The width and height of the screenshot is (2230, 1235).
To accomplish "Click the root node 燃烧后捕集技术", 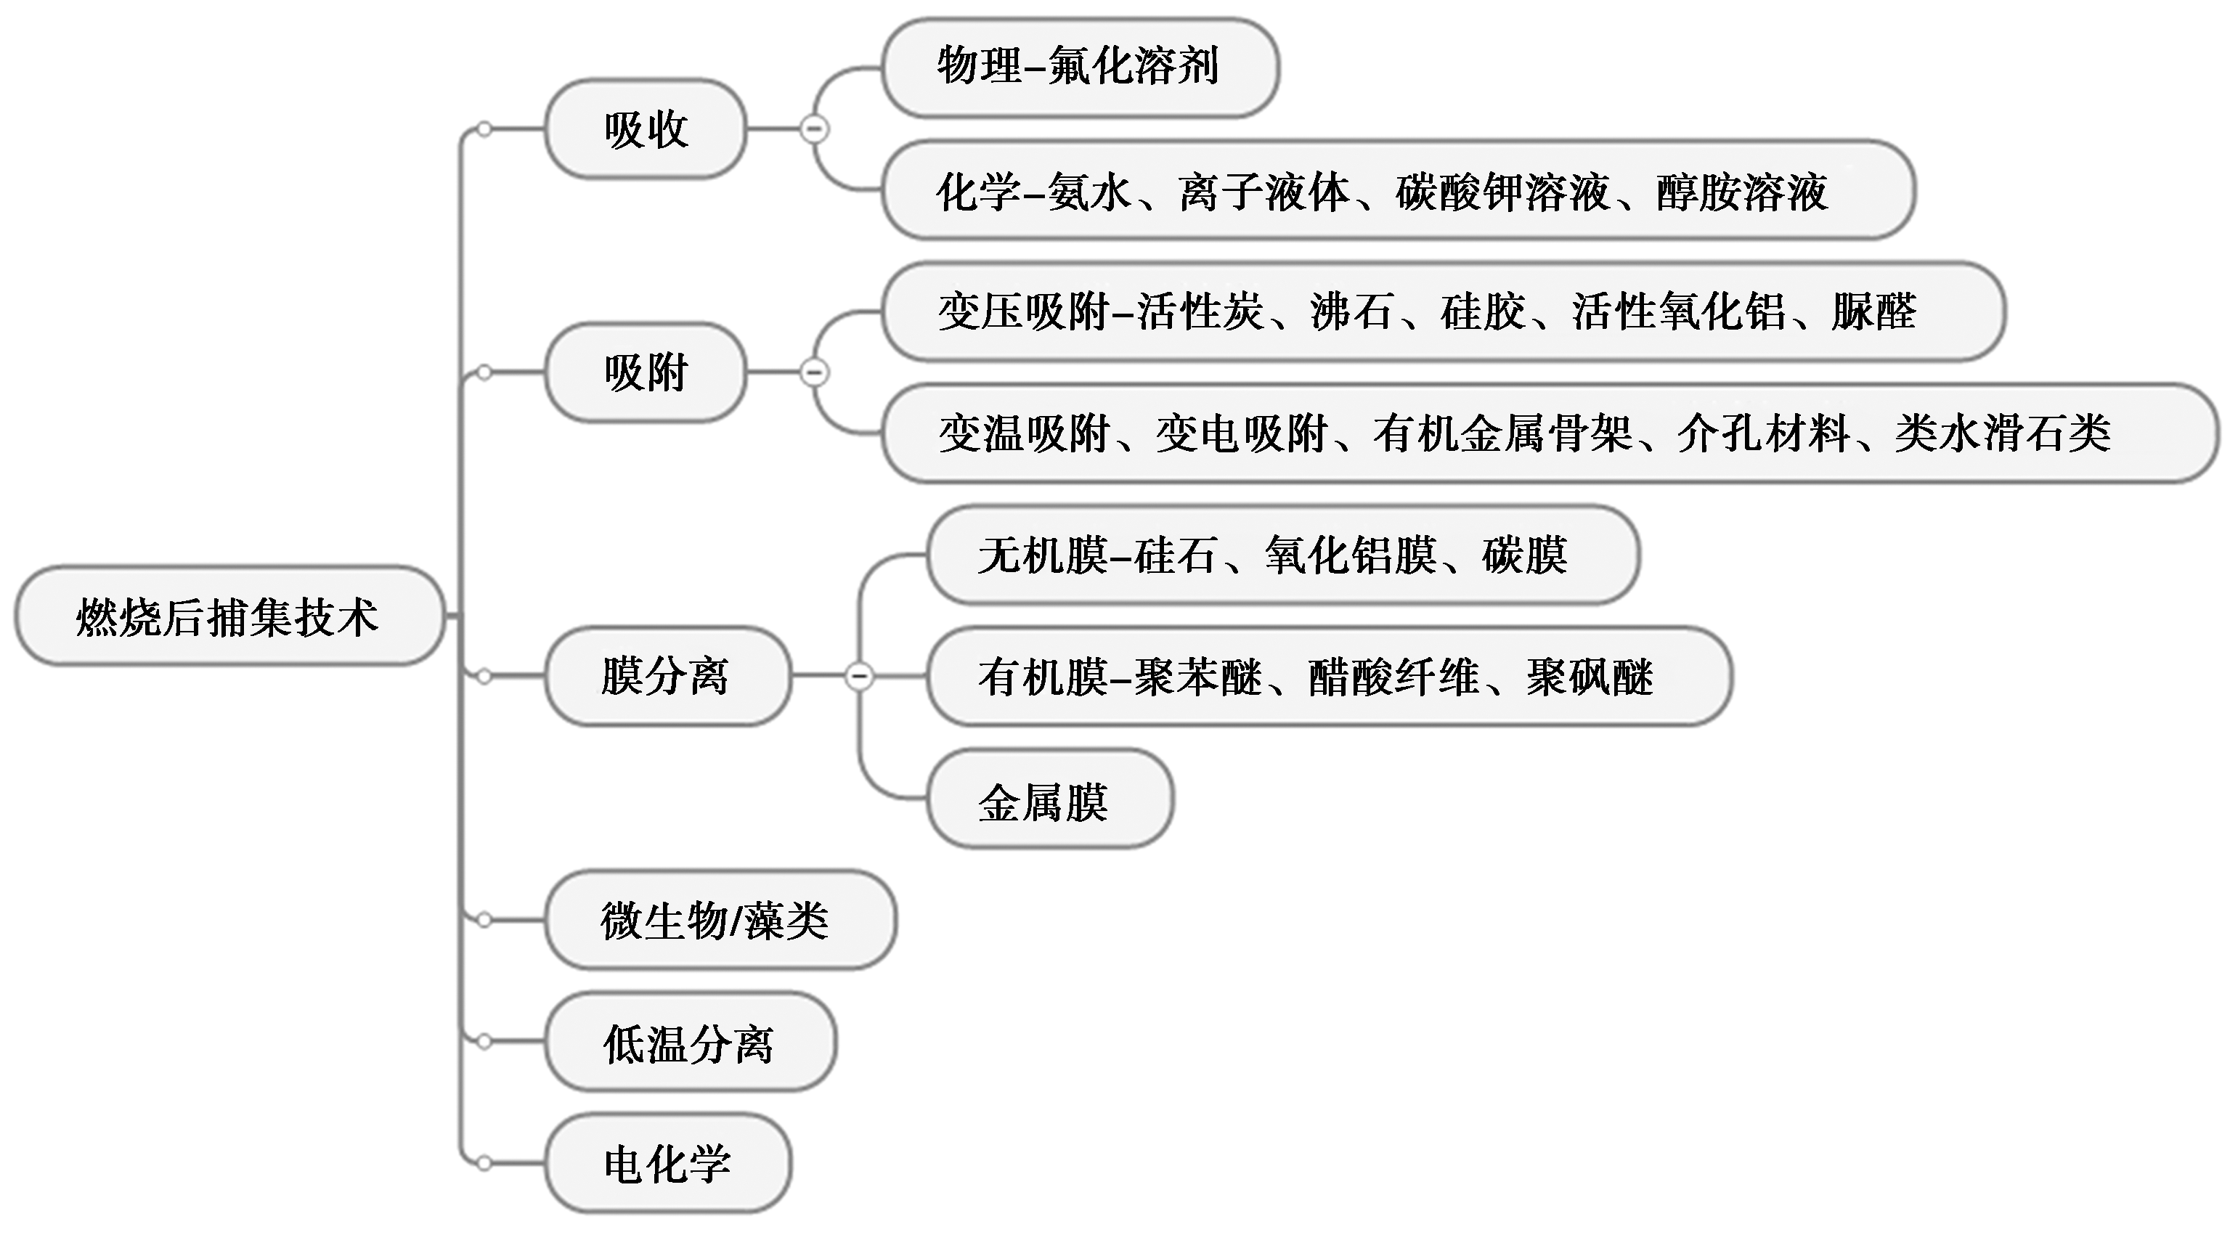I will (229, 617).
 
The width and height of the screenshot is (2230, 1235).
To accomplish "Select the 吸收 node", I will (646, 130).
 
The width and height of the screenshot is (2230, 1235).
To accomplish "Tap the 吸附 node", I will (646, 373).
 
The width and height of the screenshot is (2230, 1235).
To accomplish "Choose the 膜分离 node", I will (667, 676).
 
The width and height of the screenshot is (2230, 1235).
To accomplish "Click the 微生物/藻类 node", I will (718, 920).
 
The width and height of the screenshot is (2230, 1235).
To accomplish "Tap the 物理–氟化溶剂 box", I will (1078, 68).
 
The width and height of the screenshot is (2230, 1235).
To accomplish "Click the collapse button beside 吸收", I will (814, 129).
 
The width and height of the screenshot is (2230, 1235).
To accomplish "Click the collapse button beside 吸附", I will (814, 373).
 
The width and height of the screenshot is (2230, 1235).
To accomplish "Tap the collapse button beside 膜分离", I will (859, 675).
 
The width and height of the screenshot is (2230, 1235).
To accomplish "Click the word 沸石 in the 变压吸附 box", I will (1352, 311).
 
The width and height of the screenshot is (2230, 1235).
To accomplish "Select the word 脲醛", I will (1873, 311).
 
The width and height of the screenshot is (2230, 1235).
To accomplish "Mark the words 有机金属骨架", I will (1503, 433).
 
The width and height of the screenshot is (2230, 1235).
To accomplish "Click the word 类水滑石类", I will (2002, 433).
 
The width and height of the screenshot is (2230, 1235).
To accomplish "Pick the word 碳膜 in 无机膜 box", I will (1524, 555).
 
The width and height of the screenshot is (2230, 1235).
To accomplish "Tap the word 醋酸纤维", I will (1393, 677).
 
